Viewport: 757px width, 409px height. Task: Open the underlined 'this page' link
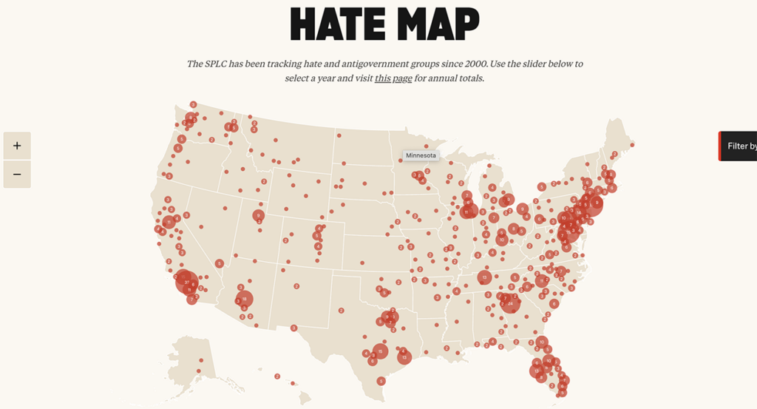[393, 78]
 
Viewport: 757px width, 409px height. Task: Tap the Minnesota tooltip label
[421, 155]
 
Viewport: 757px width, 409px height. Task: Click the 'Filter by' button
[740, 146]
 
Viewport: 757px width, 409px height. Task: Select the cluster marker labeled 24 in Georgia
[510, 303]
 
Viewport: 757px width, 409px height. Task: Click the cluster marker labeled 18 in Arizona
[244, 299]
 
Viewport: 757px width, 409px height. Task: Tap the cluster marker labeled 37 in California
[186, 280]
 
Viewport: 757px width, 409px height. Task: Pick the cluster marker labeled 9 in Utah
[258, 216]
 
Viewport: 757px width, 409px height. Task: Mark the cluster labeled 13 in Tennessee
[484, 277]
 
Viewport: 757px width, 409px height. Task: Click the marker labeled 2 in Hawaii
[277, 376]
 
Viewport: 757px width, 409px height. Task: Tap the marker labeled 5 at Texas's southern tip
[381, 381]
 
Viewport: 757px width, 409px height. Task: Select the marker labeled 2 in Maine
[614, 154]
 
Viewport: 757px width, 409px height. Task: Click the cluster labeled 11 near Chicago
[467, 212]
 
